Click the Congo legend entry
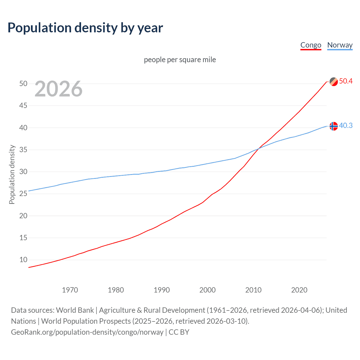[x=311, y=45]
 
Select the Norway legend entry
[x=340, y=45]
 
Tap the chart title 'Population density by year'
[x=85, y=28]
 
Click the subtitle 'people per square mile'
[x=180, y=60]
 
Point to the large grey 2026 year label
[x=58, y=89]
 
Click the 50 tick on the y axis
[x=23, y=84]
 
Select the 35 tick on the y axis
[x=23, y=150]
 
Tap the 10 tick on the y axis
[x=23, y=260]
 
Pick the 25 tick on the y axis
[x=23, y=193]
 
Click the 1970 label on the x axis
[x=70, y=290]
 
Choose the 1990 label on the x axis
[x=162, y=290]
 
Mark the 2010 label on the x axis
[x=253, y=290]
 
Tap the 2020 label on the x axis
[x=299, y=290]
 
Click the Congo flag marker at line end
[x=334, y=82]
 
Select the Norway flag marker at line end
[x=334, y=126]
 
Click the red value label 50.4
[x=346, y=81]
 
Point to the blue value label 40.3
[x=346, y=126]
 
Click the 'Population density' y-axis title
[x=12, y=174]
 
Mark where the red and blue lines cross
[x=258, y=148]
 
